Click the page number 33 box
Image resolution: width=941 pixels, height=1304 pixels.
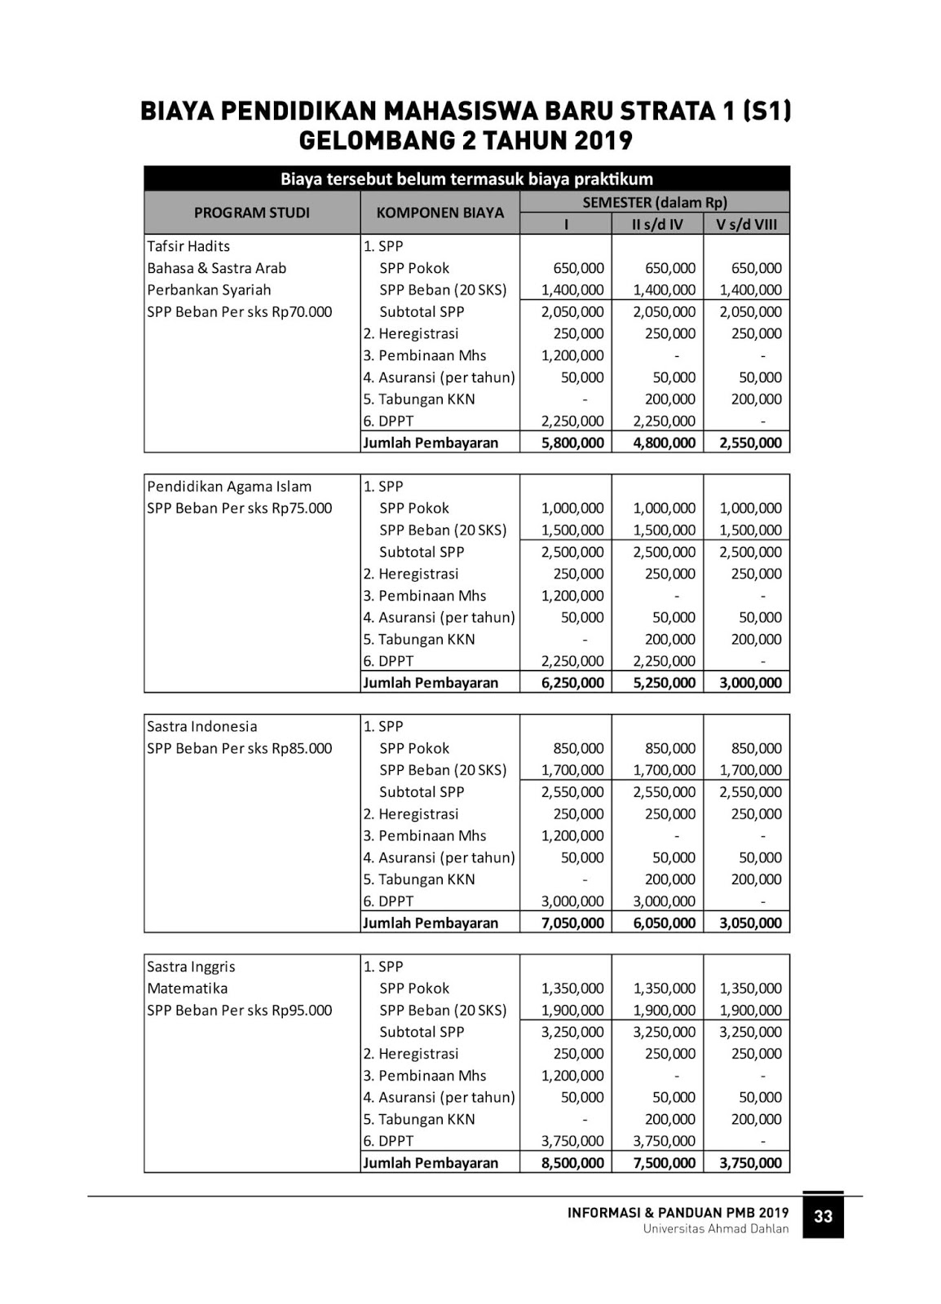[823, 1216]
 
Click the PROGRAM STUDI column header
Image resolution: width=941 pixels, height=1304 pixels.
[252, 213]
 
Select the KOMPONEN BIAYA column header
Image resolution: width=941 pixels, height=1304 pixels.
[440, 213]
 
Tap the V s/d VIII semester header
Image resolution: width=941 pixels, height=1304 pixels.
[747, 224]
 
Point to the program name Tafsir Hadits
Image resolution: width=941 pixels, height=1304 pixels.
[188, 246]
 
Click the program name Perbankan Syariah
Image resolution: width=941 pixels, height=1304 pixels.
[209, 290]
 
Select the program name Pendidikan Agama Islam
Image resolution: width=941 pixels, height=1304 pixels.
[229, 487]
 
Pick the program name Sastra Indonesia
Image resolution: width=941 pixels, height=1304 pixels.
[201, 726]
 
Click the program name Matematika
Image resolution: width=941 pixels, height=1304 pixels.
[187, 989]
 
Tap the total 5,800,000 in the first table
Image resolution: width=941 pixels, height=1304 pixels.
[572, 443]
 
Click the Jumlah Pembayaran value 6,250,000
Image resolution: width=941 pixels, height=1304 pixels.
[572, 683]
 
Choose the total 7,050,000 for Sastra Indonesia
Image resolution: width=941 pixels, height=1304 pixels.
[572, 923]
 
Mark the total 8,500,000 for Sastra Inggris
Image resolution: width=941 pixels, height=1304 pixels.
[572, 1163]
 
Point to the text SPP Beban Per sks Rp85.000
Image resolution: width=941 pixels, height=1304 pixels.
[240, 748]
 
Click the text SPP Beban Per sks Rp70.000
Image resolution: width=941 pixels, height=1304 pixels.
[240, 312]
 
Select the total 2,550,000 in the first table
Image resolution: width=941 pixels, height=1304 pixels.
[750, 443]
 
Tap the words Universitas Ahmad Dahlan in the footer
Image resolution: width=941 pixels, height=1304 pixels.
[715, 1229]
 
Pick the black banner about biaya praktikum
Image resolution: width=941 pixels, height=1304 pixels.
[466, 178]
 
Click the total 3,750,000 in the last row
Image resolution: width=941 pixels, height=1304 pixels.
[750, 1163]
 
